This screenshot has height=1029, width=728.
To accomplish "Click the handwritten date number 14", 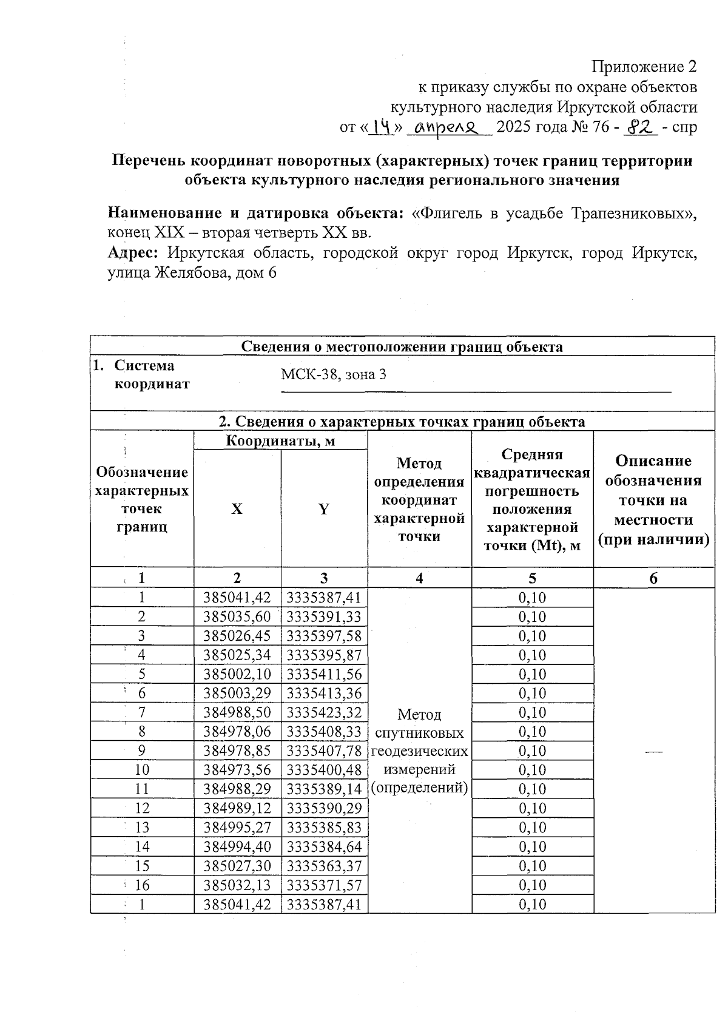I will click(x=383, y=127).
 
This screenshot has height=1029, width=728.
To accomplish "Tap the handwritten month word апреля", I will click(x=448, y=127).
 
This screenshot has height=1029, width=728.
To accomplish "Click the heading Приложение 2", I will click(x=644, y=66).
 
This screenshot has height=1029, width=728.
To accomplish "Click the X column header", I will click(x=237, y=509).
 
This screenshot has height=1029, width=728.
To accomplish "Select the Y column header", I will click(x=324, y=509).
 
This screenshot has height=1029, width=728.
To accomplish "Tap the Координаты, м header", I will click(x=280, y=440).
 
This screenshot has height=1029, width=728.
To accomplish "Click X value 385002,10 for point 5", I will click(x=237, y=674).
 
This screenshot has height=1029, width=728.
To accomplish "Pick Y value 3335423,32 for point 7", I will click(x=324, y=712).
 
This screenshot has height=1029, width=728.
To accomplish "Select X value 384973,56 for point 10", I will click(x=237, y=770).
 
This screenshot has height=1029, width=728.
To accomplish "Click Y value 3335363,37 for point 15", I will click(x=324, y=866).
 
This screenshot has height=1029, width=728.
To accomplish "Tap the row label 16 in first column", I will click(x=142, y=885).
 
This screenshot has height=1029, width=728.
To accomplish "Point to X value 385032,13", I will click(x=237, y=885).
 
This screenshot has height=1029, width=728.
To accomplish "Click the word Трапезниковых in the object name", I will click(x=635, y=214).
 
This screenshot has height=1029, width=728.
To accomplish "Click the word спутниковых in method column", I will click(x=419, y=733).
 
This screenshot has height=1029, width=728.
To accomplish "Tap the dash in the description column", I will click(x=653, y=751).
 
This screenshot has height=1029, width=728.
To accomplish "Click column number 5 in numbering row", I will click(x=532, y=578).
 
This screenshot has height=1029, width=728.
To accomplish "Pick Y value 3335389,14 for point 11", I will click(x=324, y=789).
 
